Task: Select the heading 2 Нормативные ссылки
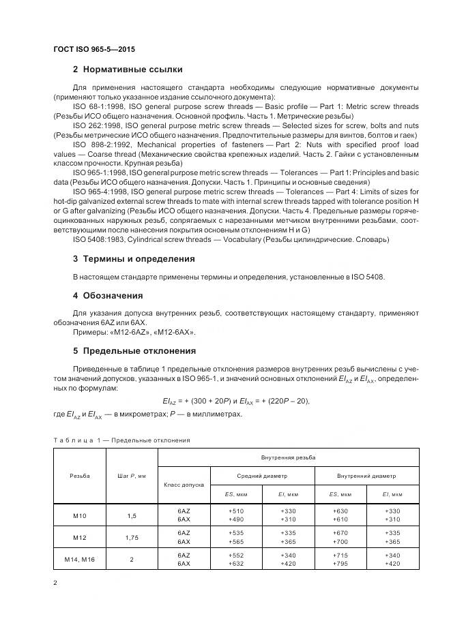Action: [127, 70]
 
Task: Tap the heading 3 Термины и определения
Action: [133, 259]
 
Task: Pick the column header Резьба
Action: [79, 475]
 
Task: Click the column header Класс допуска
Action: [183, 484]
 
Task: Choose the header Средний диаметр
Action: [262, 476]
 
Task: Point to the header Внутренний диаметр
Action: [366, 476]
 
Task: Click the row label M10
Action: [79, 515]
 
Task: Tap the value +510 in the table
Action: [236, 511]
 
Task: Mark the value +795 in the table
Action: [340, 564]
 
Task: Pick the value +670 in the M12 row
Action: [340, 532]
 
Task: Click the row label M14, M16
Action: [79, 559]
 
